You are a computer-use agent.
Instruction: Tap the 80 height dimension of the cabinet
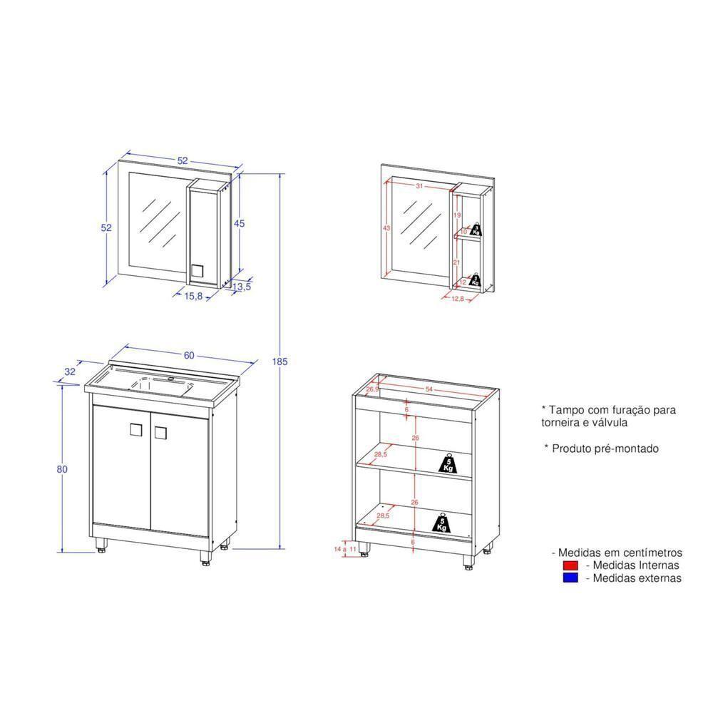(62, 469)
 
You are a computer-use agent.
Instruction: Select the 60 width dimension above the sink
(188, 356)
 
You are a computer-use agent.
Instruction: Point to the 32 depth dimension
(70, 371)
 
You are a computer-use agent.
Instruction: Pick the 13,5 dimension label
(242, 287)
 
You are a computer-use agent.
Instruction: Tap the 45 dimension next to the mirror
(240, 223)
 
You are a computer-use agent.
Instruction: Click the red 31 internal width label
(419, 186)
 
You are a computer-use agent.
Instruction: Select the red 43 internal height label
(386, 228)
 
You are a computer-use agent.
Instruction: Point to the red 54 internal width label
(429, 389)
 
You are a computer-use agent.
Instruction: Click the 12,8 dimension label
(458, 299)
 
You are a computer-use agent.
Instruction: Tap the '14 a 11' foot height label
(345, 549)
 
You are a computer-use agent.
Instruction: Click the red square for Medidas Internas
(569, 565)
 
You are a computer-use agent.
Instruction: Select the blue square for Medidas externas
(569, 578)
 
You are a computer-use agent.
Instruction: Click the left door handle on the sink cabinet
(135, 430)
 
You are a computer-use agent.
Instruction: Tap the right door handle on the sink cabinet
(160, 431)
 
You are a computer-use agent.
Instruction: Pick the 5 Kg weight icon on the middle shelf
(448, 464)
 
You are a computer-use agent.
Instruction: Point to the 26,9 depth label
(372, 390)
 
